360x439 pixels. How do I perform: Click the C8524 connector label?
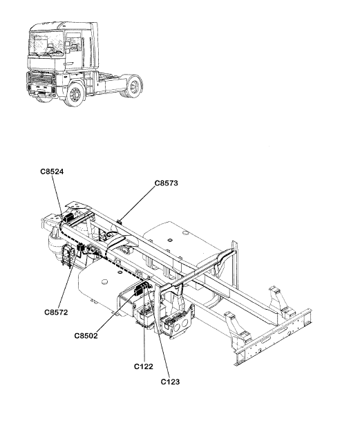(52, 171)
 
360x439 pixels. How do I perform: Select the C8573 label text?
(166, 183)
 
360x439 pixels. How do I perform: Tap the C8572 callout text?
(56, 312)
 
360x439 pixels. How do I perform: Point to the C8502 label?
(86, 335)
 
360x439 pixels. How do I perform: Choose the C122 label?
(144, 366)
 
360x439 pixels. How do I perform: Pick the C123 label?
(170, 382)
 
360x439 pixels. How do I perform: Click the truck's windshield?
(46, 43)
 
